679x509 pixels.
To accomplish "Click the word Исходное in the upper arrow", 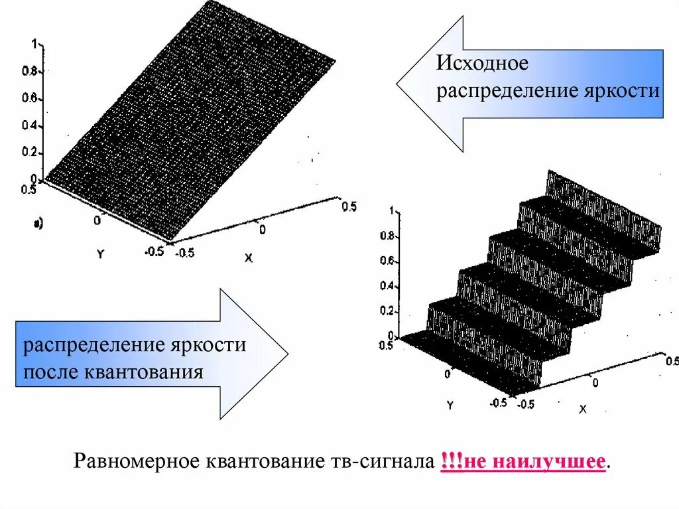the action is point(481,64).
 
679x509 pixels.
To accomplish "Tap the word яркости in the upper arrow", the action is point(624,91).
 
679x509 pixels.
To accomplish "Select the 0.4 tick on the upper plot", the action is point(31,126).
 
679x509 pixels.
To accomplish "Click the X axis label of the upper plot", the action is point(249,258).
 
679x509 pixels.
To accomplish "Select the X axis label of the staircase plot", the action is point(583,409).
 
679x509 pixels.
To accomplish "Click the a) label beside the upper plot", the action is point(38,224).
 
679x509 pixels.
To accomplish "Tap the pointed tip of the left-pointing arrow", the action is point(398,84).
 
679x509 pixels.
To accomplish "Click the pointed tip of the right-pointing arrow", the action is point(287,354).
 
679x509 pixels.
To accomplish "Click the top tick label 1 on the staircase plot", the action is point(392,210).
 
